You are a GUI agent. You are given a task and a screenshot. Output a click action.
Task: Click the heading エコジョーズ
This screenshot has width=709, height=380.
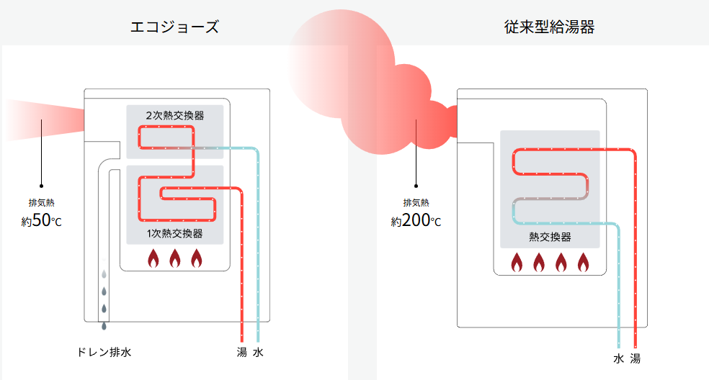[174, 28]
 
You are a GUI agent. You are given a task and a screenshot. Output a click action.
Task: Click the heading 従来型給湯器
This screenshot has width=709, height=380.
[550, 28]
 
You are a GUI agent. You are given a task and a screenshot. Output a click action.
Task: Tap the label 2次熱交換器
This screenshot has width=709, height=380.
[174, 115]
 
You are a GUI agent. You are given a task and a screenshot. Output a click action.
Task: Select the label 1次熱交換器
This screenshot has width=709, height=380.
[174, 233]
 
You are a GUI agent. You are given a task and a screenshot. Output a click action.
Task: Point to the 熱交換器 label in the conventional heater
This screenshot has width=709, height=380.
[550, 237]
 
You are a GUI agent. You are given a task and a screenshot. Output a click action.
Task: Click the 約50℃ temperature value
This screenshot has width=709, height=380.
[42, 221]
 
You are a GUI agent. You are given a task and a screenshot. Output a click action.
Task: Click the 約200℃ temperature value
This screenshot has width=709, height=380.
[416, 221]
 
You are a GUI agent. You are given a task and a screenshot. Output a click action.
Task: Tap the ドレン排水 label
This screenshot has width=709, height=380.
[104, 353]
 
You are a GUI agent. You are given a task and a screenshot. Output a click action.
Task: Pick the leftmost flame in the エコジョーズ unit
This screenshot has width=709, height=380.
[153, 258]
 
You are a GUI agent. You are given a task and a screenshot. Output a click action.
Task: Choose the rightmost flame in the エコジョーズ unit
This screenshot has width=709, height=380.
[197, 258]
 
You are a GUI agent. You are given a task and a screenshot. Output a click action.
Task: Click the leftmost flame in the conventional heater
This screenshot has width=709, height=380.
[517, 263]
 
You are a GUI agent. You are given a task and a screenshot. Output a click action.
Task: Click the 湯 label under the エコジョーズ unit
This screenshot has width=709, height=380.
[242, 353]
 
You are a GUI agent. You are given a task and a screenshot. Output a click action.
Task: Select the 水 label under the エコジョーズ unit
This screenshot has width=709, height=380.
[258, 353]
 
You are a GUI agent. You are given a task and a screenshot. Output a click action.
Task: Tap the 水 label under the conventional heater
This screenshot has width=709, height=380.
[618, 358]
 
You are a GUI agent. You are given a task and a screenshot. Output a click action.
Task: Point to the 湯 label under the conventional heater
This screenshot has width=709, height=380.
[635, 358]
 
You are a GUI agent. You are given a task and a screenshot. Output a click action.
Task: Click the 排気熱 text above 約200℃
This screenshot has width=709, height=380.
[416, 202]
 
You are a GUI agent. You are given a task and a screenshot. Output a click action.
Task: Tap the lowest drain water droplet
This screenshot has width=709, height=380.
[104, 326]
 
